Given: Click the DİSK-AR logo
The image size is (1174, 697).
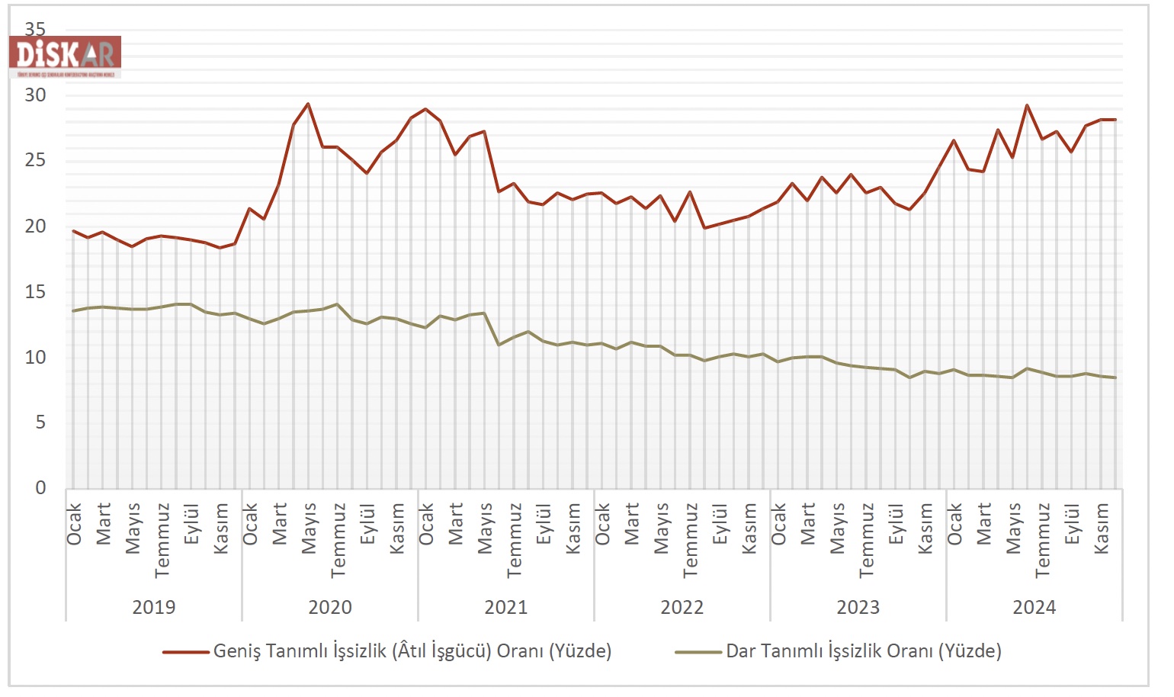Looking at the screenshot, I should coord(65,55).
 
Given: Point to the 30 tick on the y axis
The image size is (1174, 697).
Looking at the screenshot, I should coord(35,95).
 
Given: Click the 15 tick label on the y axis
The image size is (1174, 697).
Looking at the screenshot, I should coord(35,292).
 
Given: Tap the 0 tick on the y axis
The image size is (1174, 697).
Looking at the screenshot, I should coord(40,488).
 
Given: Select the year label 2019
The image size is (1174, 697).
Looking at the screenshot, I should coord(154,608).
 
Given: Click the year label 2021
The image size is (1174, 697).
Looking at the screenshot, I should coord(506,608).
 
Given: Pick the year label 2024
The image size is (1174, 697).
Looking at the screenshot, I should coord(1034,608).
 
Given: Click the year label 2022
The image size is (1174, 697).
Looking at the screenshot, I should coord(682,608).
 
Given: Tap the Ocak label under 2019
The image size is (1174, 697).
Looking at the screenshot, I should coord(74,524).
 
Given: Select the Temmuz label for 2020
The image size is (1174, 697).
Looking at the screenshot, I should coord(338,539).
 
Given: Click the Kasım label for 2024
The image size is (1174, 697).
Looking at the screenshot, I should coord(1101,528).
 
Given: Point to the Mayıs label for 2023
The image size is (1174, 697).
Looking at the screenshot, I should coord(837,528).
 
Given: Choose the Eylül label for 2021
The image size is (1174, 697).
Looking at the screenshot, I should coord(544,524).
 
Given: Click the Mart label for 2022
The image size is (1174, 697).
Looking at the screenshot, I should coord(631,523).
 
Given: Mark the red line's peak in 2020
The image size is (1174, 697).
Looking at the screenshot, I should coord(308,104).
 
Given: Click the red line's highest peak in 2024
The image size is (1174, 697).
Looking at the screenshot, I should coord(1027,105).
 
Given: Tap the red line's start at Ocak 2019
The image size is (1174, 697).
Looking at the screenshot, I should coord(73,231).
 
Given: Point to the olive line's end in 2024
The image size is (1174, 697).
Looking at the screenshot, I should coord(1115,377).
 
